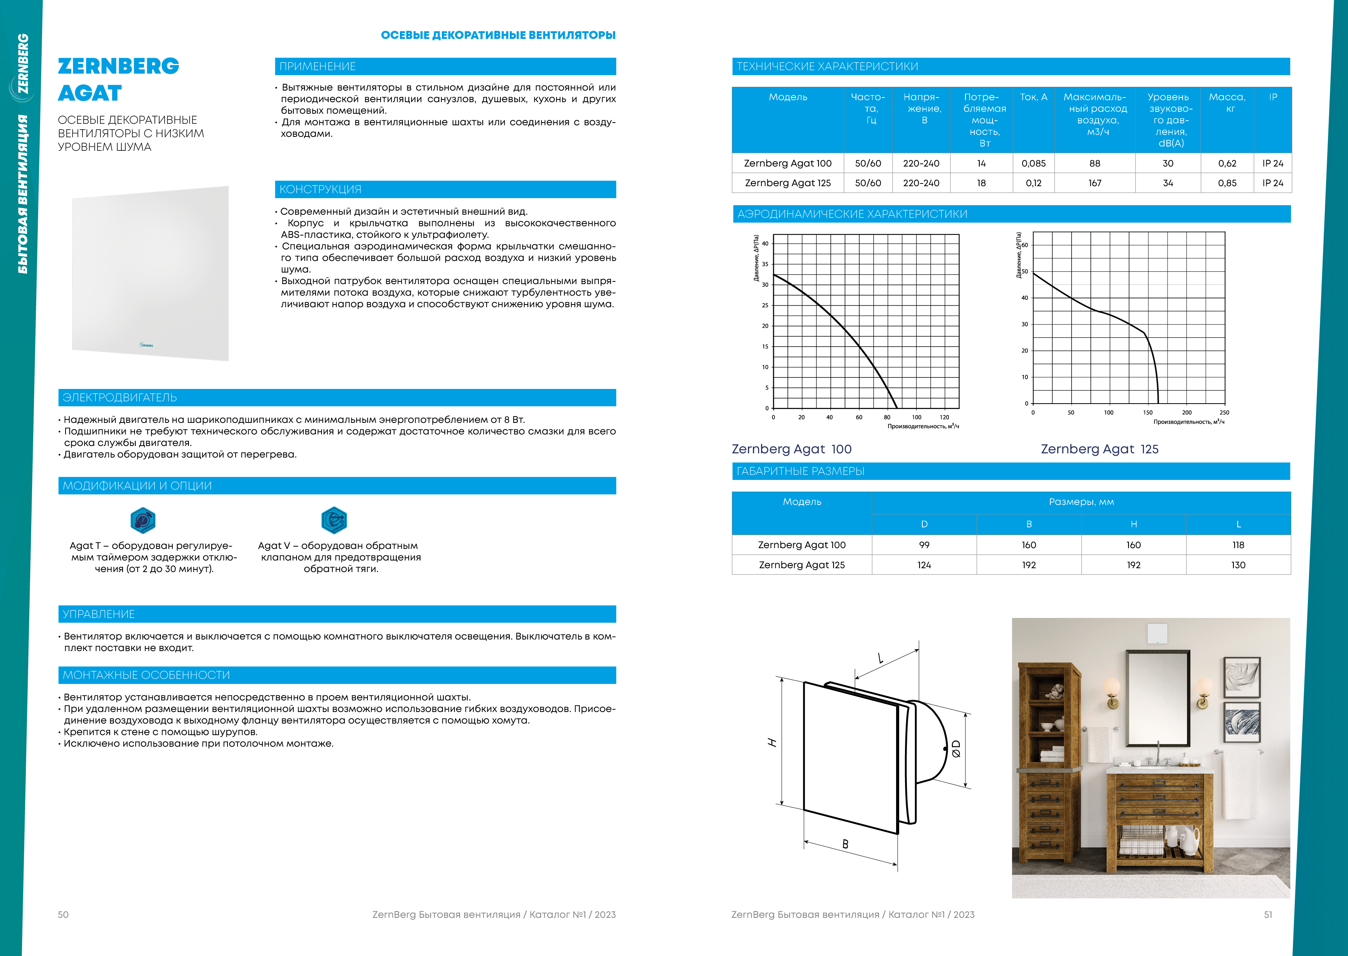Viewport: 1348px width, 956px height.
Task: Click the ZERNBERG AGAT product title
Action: [x=118, y=79]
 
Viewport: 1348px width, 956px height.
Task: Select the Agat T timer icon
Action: [x=142, y=520]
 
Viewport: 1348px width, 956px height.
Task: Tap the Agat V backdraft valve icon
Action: [x=334, y=520]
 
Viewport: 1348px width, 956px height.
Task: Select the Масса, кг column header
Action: [x=1227, y=103]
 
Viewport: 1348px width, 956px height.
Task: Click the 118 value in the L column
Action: [x=1238, y=545]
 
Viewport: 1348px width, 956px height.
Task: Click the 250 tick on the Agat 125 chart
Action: [x=1224, y=412]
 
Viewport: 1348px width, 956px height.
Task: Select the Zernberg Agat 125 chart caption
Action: [x=1099, y=449]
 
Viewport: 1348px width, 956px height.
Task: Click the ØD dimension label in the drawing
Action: [x=955, y=749]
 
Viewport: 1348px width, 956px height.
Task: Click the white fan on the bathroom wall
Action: [x=1157, y=633]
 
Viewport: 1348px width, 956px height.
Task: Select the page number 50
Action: [x=63, y=915]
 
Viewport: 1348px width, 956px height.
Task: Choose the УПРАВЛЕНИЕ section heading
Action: [x=99, y=614]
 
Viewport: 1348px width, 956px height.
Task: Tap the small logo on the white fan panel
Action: [x=146, y=345]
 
